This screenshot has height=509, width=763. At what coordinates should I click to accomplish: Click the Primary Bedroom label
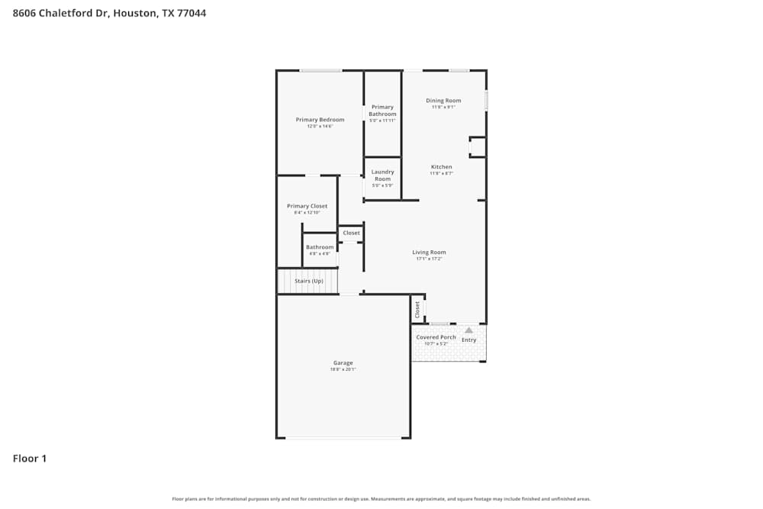tap(320, 120)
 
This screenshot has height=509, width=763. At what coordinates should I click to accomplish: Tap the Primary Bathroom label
tap(382, 111)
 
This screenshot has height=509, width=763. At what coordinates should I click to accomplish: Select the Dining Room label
tap(443, 101)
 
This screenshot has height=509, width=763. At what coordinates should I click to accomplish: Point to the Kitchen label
tap(441, 167)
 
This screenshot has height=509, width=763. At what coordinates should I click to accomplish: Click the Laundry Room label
tap(382, 176)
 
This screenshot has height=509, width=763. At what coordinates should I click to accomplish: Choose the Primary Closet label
tap(307, 206)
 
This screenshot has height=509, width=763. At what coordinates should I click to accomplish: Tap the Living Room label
tap(429, 253)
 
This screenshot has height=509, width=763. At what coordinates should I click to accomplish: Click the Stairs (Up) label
tap(309, 281)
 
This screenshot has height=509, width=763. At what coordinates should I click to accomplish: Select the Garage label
tap(343, 363)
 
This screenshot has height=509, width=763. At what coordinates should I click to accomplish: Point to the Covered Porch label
tap(436, 337)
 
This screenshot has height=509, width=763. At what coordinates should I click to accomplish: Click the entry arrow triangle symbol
tap(468, 330)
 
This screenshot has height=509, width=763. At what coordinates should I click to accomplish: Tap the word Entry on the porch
tap(468, 340)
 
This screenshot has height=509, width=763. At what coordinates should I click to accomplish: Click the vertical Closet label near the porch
tap(417, 309)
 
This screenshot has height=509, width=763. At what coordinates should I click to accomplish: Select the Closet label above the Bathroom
tap(351, 233)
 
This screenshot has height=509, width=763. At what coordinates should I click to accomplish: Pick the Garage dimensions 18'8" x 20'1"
tap(343, 369)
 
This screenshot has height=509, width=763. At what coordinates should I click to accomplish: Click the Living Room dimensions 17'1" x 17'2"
tap(429, 259)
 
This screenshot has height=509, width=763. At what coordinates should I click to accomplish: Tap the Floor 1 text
tap(30, 459)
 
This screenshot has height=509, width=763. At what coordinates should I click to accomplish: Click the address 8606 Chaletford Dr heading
tap(109, 13)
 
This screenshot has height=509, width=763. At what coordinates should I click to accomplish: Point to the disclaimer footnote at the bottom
tap(381, 499)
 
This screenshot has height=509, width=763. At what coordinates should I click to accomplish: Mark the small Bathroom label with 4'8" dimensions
tap(320, 247)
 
